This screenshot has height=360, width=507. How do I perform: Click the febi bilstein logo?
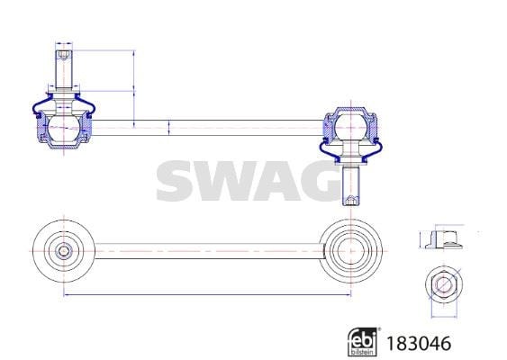(362, 342)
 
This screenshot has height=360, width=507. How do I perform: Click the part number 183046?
(419, 343)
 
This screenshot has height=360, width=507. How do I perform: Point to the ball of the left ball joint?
(64, 128)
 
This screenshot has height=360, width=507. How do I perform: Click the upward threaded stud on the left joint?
(64, 69)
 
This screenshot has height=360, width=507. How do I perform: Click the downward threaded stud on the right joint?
(351, 185)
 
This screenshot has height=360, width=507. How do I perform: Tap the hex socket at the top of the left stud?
(64, 55)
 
